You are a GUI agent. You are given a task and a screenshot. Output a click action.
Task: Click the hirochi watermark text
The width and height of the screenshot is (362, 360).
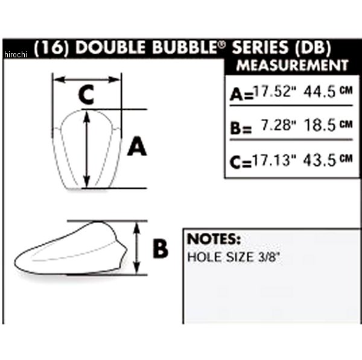point(16,54)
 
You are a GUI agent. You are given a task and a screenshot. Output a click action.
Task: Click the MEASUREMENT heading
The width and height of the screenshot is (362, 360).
point(292,65)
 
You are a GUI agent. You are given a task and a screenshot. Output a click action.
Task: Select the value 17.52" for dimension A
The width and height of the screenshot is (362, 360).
point(275,91)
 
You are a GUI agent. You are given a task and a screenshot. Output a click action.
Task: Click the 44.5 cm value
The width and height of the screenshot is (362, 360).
point(328,92)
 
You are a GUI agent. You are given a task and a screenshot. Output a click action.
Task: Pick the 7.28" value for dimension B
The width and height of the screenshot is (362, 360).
point(278,125)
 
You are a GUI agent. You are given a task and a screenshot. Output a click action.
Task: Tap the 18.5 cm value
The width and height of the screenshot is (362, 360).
point(328,125)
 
